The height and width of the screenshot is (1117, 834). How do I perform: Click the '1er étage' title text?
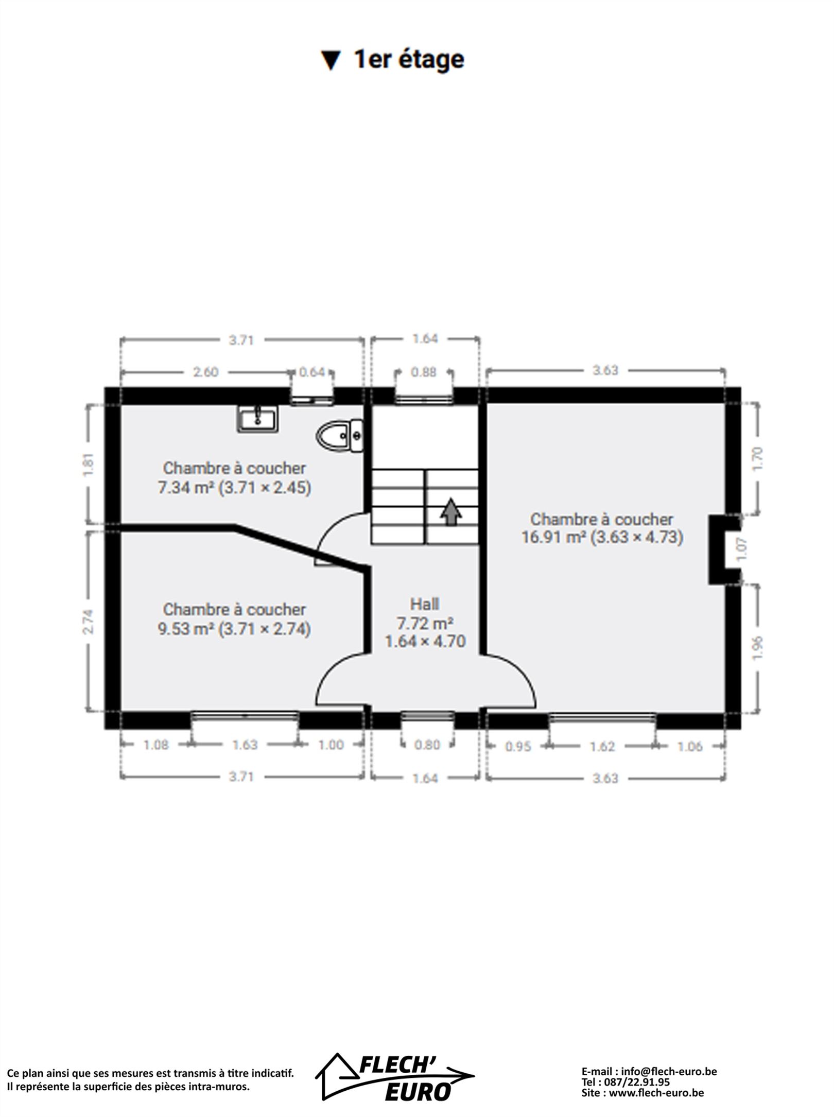(409, 60)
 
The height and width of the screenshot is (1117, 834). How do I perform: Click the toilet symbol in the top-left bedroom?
(339, 436)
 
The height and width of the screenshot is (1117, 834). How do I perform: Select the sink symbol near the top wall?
(257, 418)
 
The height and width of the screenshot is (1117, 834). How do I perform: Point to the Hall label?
(425, 604)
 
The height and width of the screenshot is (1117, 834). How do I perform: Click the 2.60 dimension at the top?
(206, 371)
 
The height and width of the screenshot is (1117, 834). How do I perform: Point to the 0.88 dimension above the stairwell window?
(424, 371)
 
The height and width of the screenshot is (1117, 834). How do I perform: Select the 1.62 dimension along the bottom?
(602, 746)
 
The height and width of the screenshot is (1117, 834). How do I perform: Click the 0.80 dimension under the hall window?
(427, 745)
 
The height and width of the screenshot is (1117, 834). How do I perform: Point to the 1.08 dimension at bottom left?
(155, 745)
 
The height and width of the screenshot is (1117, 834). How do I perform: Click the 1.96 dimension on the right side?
(757, 647)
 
